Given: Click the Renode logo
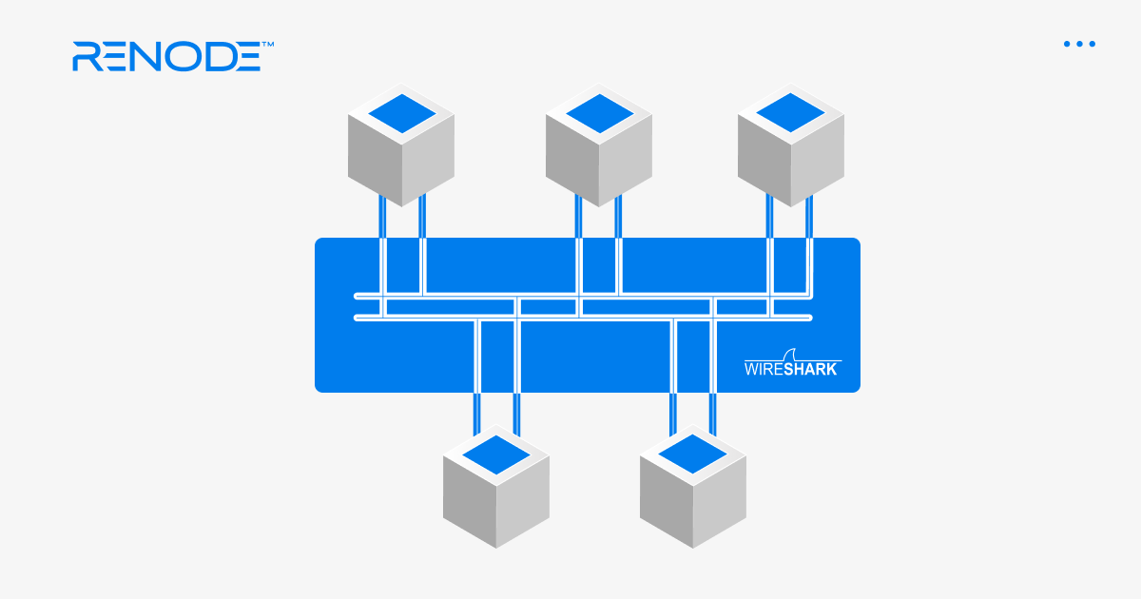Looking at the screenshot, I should pos(167,56).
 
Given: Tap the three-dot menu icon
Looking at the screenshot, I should pos(1079,44).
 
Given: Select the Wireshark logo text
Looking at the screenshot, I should pos(791,369).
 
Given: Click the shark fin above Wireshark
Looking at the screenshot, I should pos(791,352).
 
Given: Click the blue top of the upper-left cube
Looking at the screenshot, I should pos(401,113).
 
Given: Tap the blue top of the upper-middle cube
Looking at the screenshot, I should pos(599,113).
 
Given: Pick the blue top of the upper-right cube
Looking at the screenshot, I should pos(791,113).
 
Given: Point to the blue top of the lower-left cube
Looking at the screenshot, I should pos(496,454).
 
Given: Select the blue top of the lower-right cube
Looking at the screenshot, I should pos(693,454).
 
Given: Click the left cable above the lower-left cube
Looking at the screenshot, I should pos(477,413).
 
